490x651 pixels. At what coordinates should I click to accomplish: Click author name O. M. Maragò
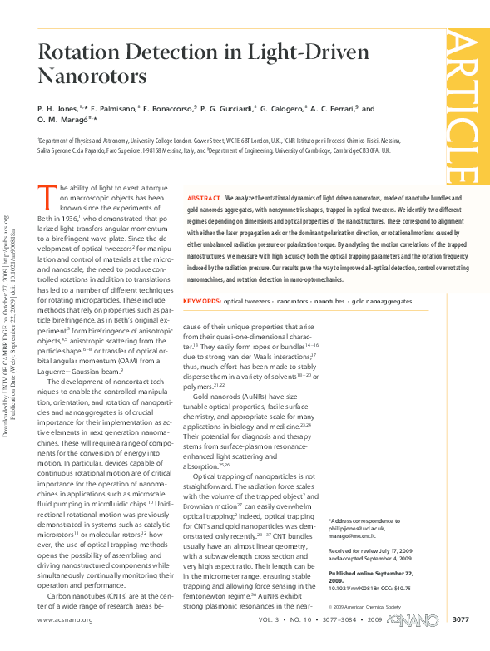tap(65, 121)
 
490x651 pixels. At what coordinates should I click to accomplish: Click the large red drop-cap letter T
tap(47, 197)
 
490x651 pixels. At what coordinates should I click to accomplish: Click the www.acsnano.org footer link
tap(65, 643)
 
